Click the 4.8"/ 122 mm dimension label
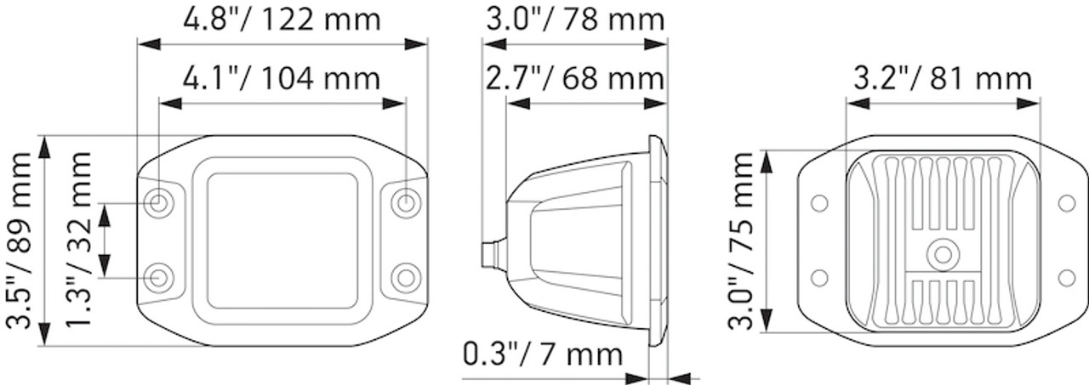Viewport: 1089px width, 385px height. [x=282, y=20]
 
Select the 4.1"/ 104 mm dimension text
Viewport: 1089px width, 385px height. [x=282, y=79]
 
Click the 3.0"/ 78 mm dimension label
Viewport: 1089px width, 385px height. [x=574, y=18]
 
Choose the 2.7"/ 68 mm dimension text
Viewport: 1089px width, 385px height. [x=574, y=79]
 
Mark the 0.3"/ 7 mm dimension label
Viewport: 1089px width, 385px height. [x=542, y=353]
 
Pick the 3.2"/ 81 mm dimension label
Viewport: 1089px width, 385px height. [x=943, y=79]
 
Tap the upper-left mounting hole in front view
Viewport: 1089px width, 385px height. [x=158, y=203]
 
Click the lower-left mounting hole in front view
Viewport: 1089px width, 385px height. [x=158, y=276]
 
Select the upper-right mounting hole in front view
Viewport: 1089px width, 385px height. [x=406, y=203]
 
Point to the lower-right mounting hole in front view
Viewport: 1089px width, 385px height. [x=406, y=276]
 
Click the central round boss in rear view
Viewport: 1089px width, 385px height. [x=942, y=253]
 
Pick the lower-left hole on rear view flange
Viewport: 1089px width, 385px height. [x=819, y=277]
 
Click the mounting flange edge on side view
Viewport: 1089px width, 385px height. [x=658, y=240]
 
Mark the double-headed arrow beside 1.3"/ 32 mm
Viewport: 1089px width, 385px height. [x=105, y=241]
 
